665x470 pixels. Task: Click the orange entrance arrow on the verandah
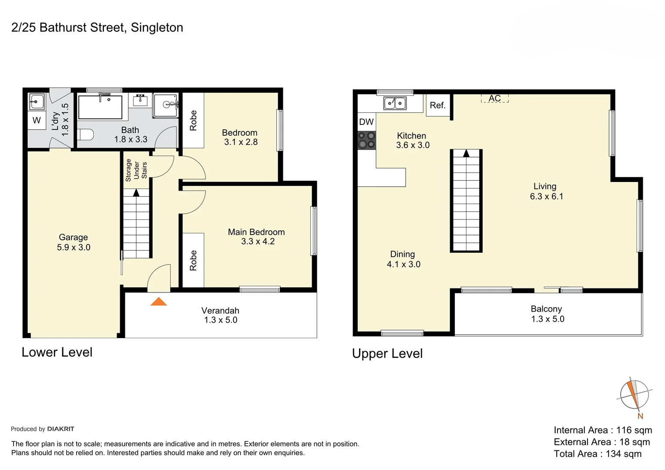point(159,302)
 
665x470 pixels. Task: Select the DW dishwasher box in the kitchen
point(366,122)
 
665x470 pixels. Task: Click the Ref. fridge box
point(437,105)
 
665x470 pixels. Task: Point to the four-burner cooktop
point(366,140)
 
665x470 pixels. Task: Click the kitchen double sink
point(395,103)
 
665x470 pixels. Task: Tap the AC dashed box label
point(494,98)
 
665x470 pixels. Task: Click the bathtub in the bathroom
point(100,107)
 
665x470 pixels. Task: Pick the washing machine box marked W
point(37,121)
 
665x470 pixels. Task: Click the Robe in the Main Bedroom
point(193,260)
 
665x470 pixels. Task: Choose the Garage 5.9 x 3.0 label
point(74,242)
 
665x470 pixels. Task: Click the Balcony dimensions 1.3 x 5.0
point(547,319)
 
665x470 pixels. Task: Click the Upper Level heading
point(387,353)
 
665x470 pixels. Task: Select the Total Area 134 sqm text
point(598,454)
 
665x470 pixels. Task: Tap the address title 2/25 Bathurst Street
point(97,27)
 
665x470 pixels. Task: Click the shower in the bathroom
point(166,105)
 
